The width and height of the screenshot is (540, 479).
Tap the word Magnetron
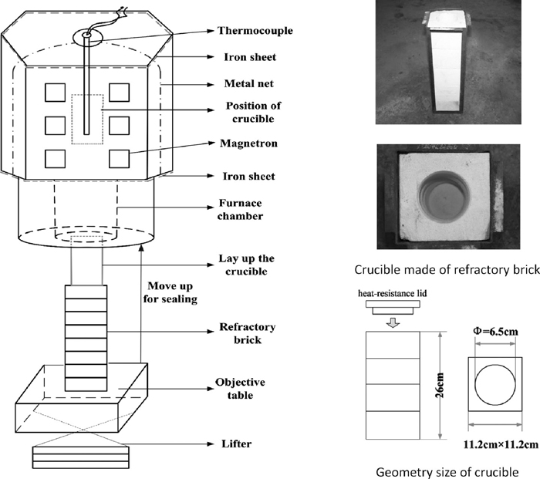(x=241, y=142)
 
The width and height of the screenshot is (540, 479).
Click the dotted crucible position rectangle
(x=86, y=119)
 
